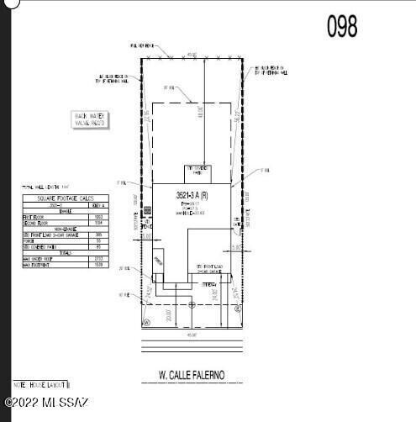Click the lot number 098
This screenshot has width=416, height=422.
(341, 25)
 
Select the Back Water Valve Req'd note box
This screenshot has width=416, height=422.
(92, 119)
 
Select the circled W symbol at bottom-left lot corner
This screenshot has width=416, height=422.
(145, 321)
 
